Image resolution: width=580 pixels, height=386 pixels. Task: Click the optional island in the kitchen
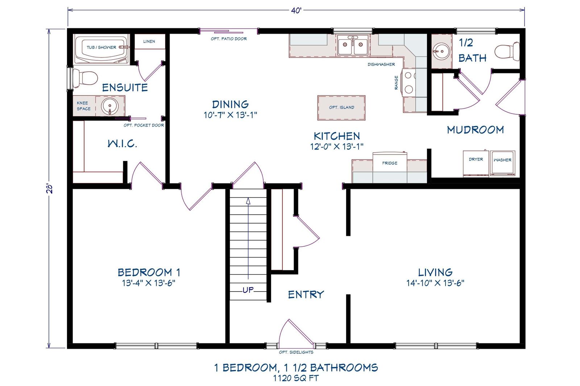341,107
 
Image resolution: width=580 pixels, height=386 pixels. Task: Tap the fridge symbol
390,163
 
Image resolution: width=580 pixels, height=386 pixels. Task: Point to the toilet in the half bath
507,51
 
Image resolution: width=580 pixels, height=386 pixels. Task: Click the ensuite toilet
86,78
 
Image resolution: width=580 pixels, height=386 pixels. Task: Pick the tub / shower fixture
101,48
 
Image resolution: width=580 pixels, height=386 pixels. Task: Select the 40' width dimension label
296,10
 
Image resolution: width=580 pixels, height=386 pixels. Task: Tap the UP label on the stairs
248,290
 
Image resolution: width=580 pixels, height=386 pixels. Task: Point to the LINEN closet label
149,41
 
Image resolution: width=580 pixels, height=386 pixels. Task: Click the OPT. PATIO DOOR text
229,39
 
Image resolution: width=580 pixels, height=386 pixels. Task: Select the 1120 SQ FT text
296,378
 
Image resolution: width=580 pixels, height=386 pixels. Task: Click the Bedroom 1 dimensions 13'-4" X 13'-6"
149,283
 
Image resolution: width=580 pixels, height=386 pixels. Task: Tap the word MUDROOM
475,130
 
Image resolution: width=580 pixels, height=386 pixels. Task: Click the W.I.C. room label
122,144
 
